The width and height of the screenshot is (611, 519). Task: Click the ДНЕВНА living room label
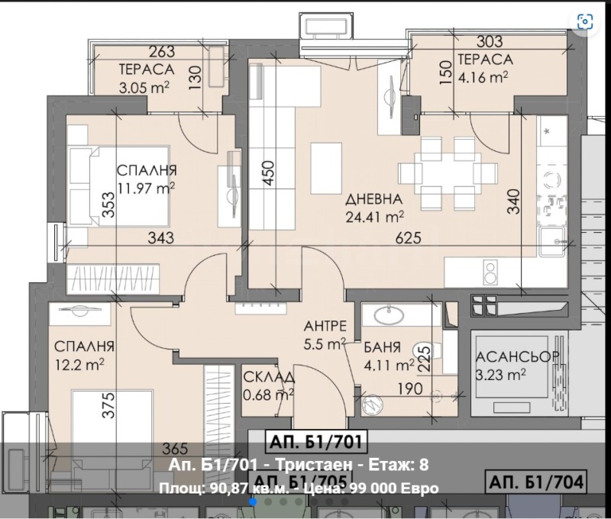click(373, 199)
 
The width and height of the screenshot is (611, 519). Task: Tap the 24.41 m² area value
click(374, 216)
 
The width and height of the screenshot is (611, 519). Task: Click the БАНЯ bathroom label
click(385, 346)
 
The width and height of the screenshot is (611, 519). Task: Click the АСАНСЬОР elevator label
click(518, 358)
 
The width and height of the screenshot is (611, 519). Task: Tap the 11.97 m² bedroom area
click(147, 187)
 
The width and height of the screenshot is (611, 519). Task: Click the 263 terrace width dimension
click(161, 52)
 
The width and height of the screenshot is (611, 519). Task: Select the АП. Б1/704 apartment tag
click(536, 481)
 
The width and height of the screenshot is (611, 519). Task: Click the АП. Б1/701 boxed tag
click(315, 441)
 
